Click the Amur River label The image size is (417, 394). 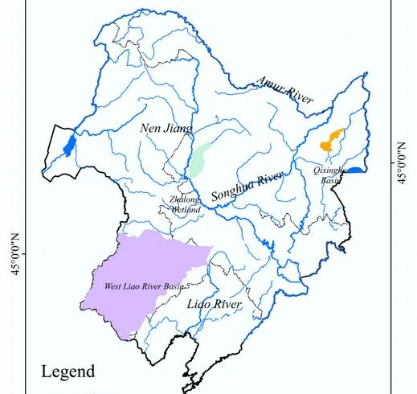285,91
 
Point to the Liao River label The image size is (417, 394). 213,304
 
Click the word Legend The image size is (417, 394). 68,371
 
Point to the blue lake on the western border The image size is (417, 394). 70,146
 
